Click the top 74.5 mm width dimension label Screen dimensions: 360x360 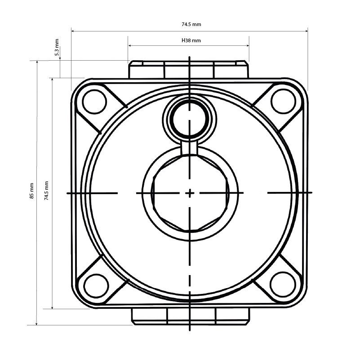[189, 25]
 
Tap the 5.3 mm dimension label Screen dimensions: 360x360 [57, 48]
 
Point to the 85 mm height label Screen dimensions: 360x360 [31, 191]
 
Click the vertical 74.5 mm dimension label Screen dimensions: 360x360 [47, 191]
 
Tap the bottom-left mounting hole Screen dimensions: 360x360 [96, 285]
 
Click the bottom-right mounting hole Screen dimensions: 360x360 [281, 284]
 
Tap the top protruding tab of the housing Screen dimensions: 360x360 [189, 70]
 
